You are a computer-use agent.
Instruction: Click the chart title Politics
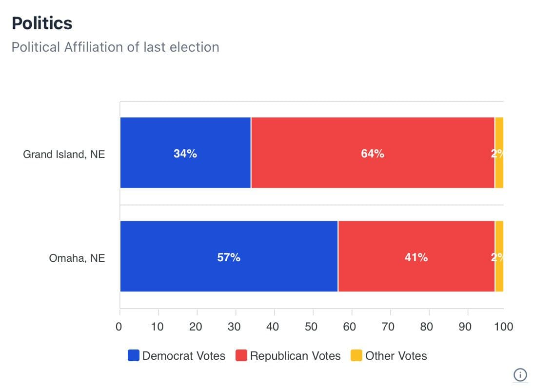[x=42, y=23]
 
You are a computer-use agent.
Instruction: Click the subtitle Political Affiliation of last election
[x=115, y=47]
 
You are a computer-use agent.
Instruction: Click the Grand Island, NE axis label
[x=64, y=155]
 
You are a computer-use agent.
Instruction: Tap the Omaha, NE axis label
[x=77, y=258]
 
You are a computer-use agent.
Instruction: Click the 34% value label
[x=185, y=154]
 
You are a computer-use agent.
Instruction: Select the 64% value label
[x=373, y=154]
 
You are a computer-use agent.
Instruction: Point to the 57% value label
[x=229, y=257]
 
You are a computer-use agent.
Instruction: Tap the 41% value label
[x=416, y=257]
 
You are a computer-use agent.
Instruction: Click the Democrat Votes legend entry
[x=177, y=356]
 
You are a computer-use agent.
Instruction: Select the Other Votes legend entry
[x=389, y=356]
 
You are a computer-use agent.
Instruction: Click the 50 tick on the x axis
[x=311, y=326]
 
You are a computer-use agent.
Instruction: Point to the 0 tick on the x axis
[x=119, y=326]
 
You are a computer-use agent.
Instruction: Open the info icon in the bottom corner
[x=520, y=374]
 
